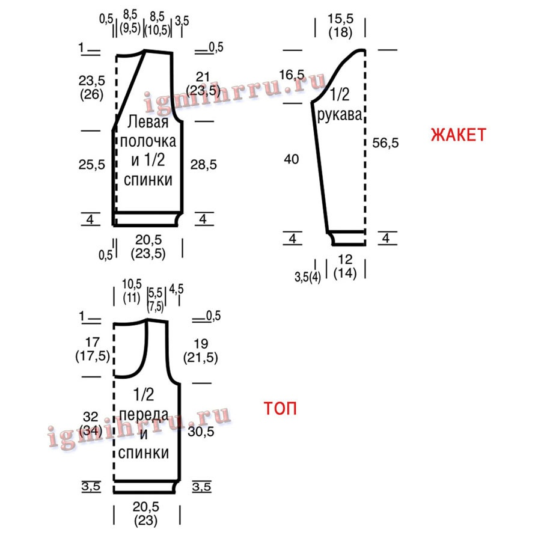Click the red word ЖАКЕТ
459,135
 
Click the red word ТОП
280,408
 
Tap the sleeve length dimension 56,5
385,142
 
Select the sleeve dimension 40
292,159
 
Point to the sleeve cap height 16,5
292,75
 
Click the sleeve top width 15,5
341,19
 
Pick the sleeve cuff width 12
345,259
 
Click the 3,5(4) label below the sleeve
308,277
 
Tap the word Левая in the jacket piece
148,122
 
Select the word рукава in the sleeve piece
340,115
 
